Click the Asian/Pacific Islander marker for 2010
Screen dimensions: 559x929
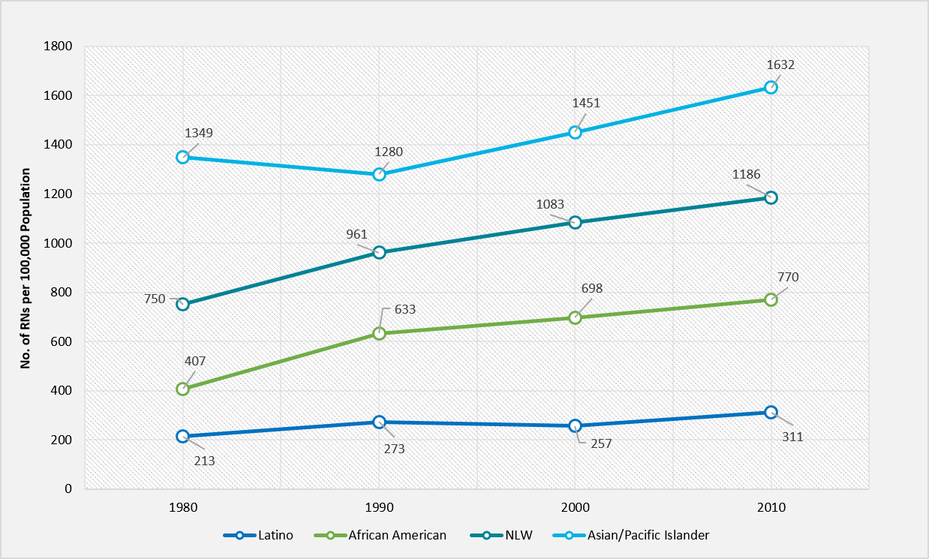pos(771,87)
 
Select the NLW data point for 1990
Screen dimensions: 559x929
pos(379,252)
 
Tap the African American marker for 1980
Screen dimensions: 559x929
pos(183,389)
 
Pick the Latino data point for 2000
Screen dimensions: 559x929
pos(575,425)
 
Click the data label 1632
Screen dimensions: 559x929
pos(780,65)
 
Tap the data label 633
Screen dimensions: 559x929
pos(404,308)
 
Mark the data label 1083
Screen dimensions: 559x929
pos(550,203)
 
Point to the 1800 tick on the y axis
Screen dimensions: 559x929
pos(58,47)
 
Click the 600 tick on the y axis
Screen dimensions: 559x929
pos(62,341)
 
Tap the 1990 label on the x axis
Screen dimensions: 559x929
pos(379,508)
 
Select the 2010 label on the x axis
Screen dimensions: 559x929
pos(771,508)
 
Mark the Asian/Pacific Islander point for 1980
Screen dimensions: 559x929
pos(183,157)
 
